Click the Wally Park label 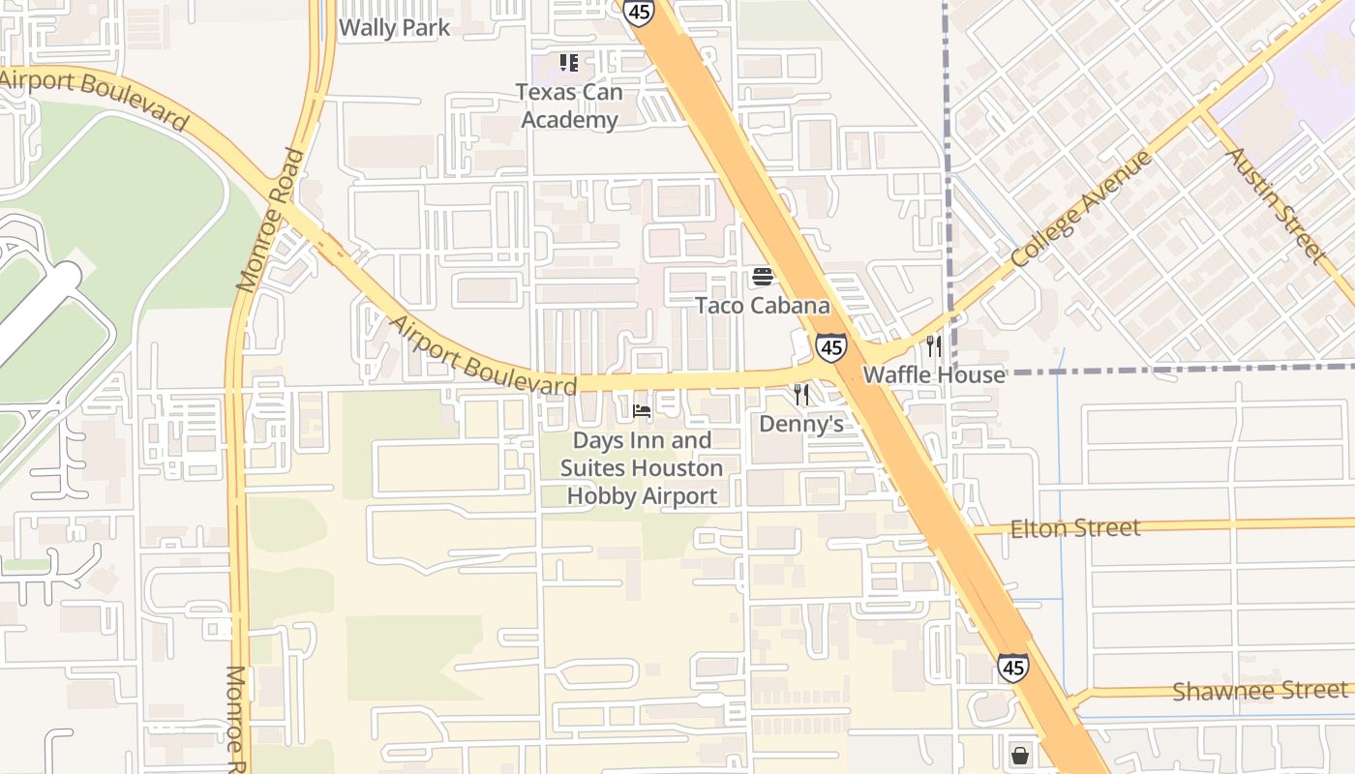[x=394, y=27]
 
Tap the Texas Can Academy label [x=568, y=105]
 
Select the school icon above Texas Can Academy [x=569, y=64]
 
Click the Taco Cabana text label [x=763, y=306]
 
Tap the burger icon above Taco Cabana [x=763, y=278]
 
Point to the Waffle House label [x=934, y=374]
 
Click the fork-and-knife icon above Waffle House [x=934, y=345]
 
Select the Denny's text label [x=801, y=424]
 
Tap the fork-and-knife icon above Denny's [x=801, y=395]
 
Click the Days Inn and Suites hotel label [x=642, y=468]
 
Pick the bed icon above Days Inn [x=642, y=411]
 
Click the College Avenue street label [x=1082, y=210]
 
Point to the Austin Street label [x=1276, y=204]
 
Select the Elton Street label [x=1075, y=528]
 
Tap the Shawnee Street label [x=1259, y=691]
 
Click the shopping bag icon [x=1019, y=756]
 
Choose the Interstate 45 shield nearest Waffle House [x=830, y=347]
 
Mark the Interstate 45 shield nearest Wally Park [x=638, y=12]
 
